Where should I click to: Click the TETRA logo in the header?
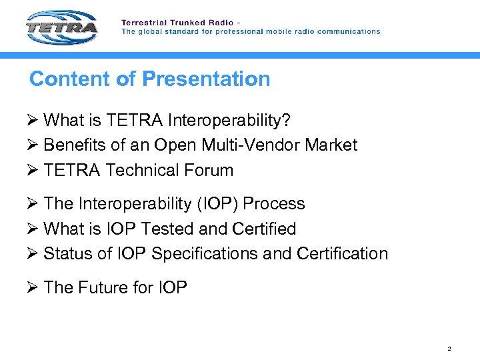click(x=61, y=28)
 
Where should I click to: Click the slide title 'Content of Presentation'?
click(x=150, y=79)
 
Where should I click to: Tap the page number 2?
click(x=449, y=349)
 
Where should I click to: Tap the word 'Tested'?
click(x=167, y=229)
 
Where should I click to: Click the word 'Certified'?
click(x=264, y=229)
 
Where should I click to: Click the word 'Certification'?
click(x=342, y=254)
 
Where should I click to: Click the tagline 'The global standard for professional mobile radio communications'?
click(x=251, y=31)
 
